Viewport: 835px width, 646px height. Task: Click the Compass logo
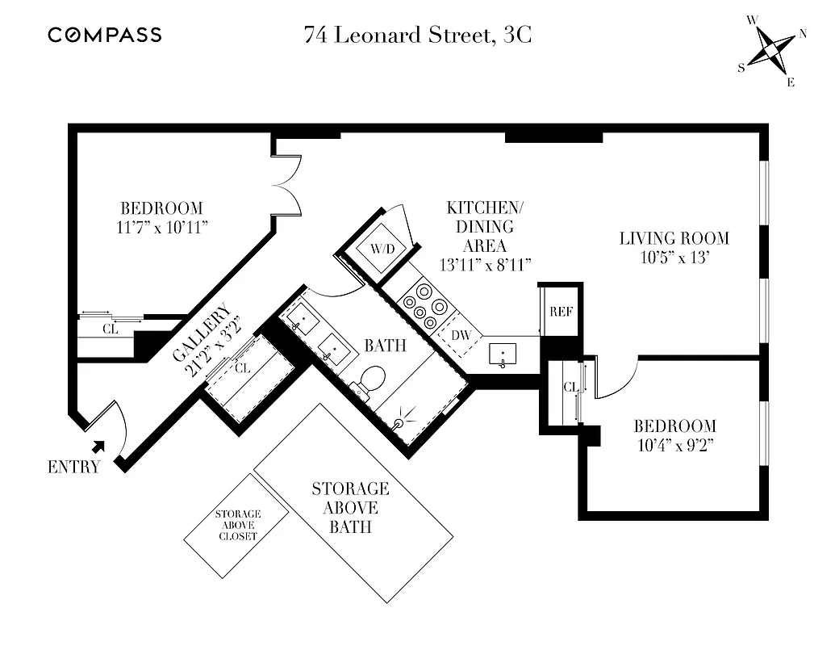[105, 35]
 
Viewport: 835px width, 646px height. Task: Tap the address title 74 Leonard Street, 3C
[417, 35]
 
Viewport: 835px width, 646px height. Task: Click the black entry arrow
[98, 445]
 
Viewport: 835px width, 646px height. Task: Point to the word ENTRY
[74, 467]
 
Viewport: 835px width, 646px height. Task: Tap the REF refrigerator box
[561, 312]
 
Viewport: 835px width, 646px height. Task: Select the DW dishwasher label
[460, 335]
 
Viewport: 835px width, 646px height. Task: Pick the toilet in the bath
[372, 380]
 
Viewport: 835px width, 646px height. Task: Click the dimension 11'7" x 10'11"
[162, 228]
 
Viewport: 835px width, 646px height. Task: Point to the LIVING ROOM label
[674, 238]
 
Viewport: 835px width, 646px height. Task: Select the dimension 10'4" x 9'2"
[674, 444]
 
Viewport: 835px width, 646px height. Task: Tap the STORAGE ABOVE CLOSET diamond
[237, 526]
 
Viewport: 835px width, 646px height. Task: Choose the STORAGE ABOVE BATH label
[350, 508]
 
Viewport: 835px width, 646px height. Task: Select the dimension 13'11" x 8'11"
[484, 265]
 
